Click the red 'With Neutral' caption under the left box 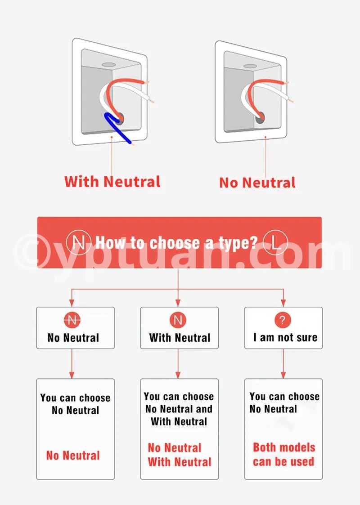(112, 182)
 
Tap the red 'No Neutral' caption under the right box (257, 183)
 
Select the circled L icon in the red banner (275, 242)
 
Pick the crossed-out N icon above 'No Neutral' (72, 320)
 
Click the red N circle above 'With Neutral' (178, 320)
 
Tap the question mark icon (283, 320)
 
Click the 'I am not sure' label (285, 338)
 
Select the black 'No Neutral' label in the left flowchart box (73, 338)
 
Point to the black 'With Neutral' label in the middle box (180, 338)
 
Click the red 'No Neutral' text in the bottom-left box (73, 456)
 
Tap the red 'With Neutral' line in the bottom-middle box (180, 462)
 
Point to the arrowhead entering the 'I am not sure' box (283, 303)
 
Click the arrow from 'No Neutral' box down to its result (72, 364)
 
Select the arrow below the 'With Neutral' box (178, 364)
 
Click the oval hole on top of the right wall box (250, 66)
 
